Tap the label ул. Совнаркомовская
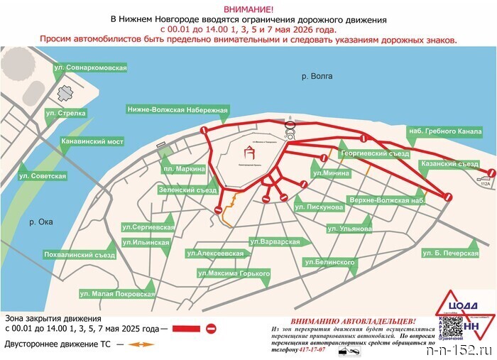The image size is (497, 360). coord(90,67)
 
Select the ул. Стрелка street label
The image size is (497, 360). coord(66,113)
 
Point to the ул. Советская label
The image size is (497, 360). coord(43,175)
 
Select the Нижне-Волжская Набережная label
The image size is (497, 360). coord(177,109)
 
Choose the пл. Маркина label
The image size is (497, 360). coord(184,169)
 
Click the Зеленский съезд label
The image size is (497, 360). coord(187,190)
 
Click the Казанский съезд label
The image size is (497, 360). coord(450,163)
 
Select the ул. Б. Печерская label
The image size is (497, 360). coord(451,253)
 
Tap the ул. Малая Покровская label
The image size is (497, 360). coord(116,293)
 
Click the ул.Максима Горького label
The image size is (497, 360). coord(234,273)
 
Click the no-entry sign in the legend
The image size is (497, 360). coord(211,329)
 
